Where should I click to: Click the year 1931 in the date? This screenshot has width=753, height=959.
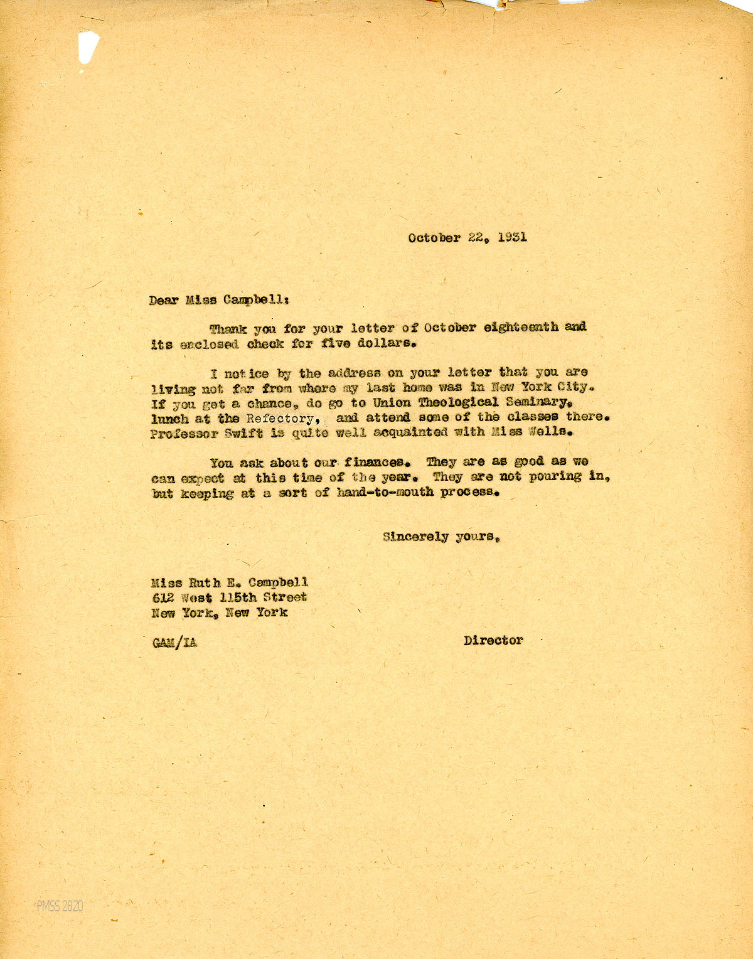click(513, 237)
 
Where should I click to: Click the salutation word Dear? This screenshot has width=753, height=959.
click(163, 300)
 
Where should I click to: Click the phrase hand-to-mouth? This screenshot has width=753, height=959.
click(385, 492)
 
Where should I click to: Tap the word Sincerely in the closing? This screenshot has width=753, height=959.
click(415, 537)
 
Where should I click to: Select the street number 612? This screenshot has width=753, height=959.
click(162, 597)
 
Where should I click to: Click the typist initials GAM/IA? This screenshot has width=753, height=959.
click(174, 642)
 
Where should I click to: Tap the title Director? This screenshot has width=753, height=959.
click(493, 641)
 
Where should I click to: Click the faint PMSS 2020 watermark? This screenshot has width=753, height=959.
click(60, 906)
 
